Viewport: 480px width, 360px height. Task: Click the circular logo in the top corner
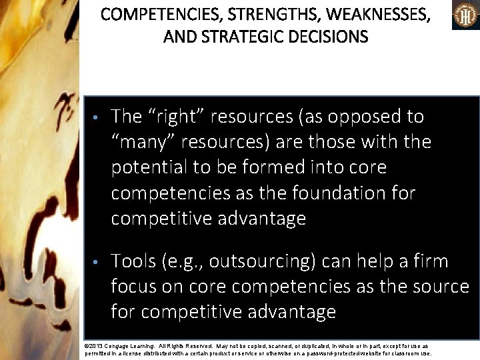465,15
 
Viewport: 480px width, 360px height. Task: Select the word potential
149,167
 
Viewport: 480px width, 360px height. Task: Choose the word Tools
134,261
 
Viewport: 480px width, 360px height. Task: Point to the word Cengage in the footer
124,347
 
